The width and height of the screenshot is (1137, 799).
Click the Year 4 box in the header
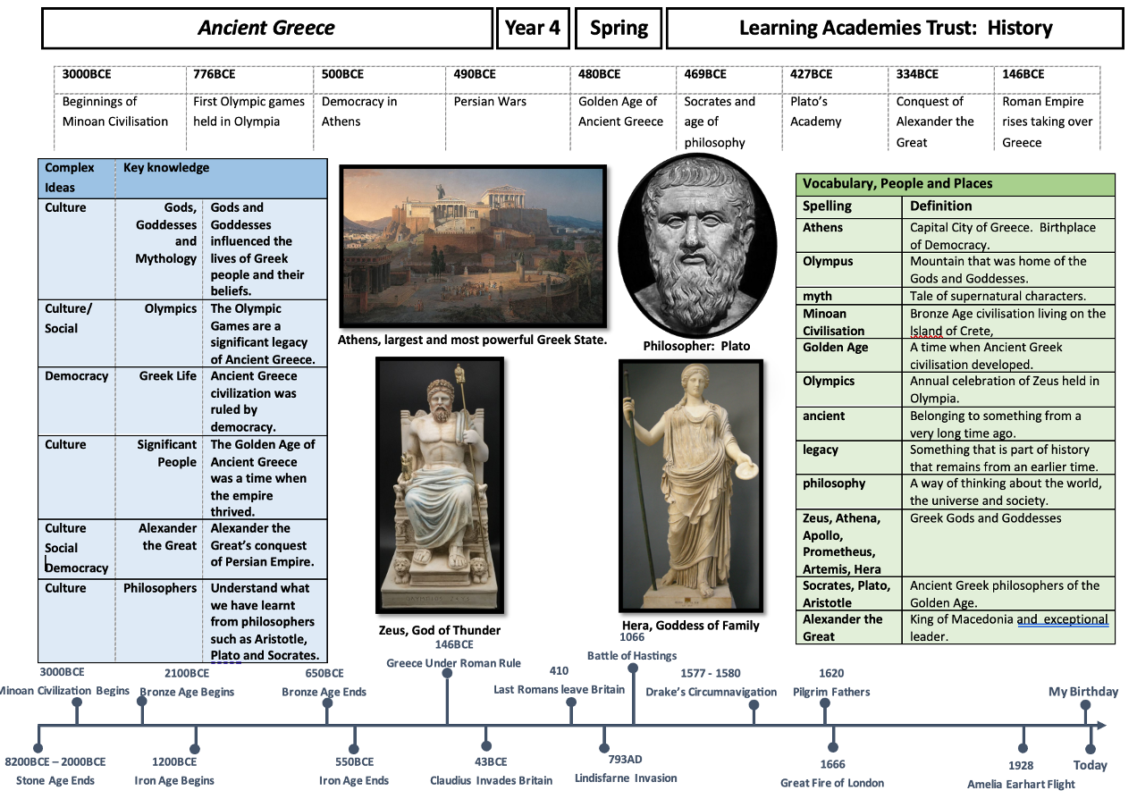tap(533, 28)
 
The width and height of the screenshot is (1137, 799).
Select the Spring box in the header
tap(619, 28)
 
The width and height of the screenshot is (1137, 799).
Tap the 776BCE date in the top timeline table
tap(215, 74)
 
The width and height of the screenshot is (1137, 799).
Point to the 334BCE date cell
tap(917, 74)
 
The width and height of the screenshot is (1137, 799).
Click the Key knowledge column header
tap(166, 167)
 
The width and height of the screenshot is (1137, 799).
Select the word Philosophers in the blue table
tap(160, 588)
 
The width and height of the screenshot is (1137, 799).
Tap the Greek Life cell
tap(167, 375)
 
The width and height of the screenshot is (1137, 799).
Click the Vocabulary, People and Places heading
tap(897, 184)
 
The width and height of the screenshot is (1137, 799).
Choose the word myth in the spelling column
tap(817, 296)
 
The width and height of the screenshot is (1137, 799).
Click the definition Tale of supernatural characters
tap(998, 296)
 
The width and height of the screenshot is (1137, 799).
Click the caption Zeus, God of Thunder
tap(440, 630)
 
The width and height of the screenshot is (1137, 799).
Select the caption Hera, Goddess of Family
tap(690, 626)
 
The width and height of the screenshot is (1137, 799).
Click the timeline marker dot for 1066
tap(633, 668)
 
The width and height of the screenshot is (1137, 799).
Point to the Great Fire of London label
tap(832, 783)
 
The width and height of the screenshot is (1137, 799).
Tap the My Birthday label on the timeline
tap(1083, 692)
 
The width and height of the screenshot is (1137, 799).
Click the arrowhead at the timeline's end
tap(1101, 726)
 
